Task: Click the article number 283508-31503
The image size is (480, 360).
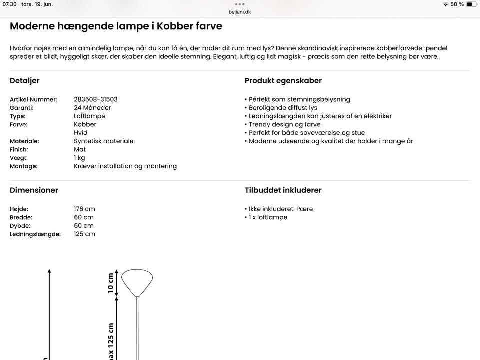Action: pyautogui.click(x=95, y=99)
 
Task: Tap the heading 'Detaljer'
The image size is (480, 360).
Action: pyautogui.click(x=24, y=81)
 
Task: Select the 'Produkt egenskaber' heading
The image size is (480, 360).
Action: pyautogui.click(x=283, y=81)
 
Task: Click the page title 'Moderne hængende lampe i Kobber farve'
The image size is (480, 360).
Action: pyautogui.click(x=116, y=26)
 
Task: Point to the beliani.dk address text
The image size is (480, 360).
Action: pyautogui.click(x=240, y=12)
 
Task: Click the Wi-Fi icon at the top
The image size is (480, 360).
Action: pyautogui.click(x=445, y=4)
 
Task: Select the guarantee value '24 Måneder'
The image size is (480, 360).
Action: pyautogui.click(x=92, y=108)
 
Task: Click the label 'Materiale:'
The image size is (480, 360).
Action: pyautogui.click(x=24, y=141)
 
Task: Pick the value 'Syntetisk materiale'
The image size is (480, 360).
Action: pyautogui.click(x=103, y=141)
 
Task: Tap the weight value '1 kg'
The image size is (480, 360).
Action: pyautogui.click(x=79, y=158)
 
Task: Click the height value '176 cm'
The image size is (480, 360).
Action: pyautogui.click(x=84, y=209)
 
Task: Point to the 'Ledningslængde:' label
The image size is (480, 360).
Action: pyautogui.click(x=35, y=234)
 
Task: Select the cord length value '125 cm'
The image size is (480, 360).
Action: pyautogui.click(x=84, y=234)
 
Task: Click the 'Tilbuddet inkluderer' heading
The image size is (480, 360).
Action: pyautogui.click(x=283, y=190)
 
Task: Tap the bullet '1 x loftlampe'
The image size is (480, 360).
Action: pyautogui.click(x=268, y=217)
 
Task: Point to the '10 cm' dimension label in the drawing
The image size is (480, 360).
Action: pyautogui.click(x=111, y=283)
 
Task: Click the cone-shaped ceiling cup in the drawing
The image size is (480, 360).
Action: pyautogui.click(x=137, y=281)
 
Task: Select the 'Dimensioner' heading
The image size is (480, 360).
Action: pyautogui.click(x=34, y=190)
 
